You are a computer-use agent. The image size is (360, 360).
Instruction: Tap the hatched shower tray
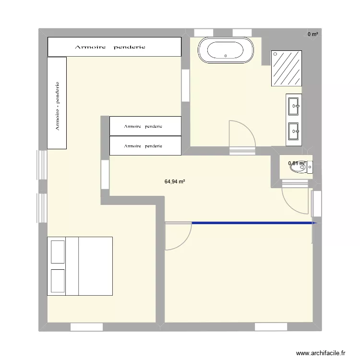pos(287,67)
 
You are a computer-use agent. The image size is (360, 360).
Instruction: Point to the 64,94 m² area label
pos(175,182)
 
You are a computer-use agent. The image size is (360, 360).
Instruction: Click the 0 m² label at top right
pos(313,34)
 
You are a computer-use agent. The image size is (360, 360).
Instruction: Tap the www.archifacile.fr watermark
pos(321,353)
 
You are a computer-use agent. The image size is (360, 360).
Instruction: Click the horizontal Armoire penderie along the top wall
pos(114,47)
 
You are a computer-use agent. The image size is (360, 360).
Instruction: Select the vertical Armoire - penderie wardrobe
pos(57,102)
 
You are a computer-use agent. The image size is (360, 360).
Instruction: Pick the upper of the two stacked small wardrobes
pos(145,126)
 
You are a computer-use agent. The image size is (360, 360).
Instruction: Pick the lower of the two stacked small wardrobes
pos(145,145)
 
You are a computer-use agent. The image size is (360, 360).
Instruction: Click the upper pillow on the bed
pos(58,252)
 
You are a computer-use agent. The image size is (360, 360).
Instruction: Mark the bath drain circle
pos(226,56)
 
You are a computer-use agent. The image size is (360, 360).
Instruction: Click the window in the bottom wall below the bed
pos(87,327)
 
